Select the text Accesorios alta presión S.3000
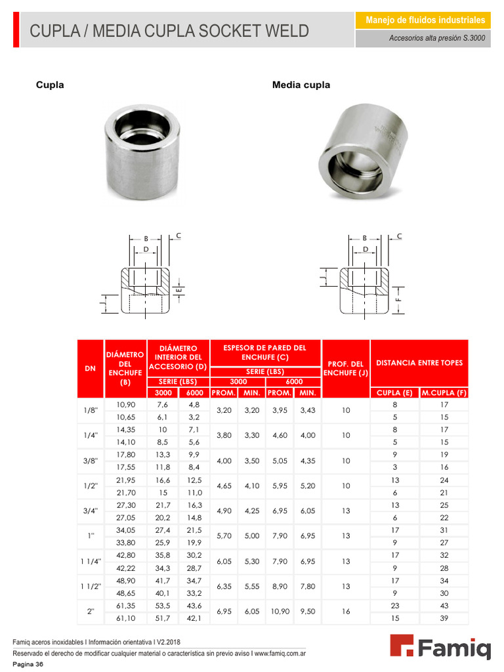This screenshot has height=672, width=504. [437, 39]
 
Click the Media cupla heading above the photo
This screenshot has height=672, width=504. [301, 85]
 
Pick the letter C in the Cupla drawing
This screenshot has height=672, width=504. [178, 235]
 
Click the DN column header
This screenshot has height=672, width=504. [91, 369]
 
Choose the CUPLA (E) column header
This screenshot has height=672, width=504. [394, 393]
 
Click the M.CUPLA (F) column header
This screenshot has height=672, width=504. [444, 393]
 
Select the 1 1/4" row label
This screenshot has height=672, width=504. [91, 561]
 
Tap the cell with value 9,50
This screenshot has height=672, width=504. [307, 612]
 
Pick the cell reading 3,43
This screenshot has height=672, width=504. [307, 410]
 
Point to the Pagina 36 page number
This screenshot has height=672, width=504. [28, 665]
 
